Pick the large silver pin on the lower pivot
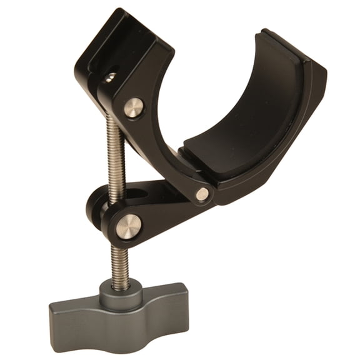click(128, 226)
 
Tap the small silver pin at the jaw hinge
click(202, 194)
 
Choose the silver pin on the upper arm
click(133, 108)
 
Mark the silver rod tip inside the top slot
click(110, 77)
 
